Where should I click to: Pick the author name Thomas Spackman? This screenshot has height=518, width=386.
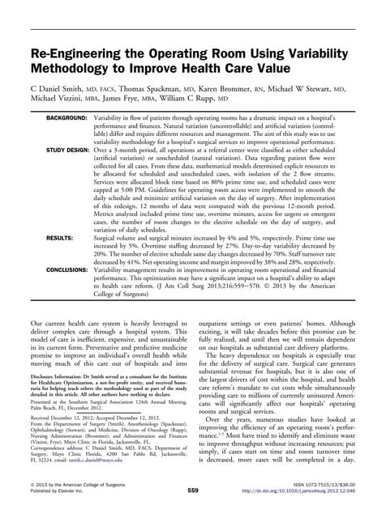click(x=163, y=91)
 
